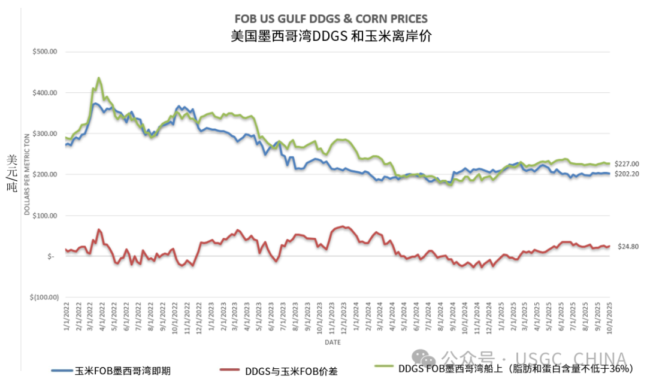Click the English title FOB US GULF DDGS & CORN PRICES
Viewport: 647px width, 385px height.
[x=331, y=19]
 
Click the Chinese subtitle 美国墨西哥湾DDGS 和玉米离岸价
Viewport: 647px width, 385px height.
[x=331, y=35]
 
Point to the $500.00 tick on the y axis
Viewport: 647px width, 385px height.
[x=44, y=51]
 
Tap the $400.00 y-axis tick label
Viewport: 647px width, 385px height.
[x=44, y=93]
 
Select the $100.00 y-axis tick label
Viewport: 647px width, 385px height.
[x=44, y=215]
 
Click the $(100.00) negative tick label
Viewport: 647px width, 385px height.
[x=43, y=297]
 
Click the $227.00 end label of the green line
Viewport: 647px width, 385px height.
[x=627, y=164]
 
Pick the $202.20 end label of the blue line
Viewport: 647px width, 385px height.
[x=627, y=174]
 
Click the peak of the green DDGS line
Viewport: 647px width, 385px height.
[x=99, y=78]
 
